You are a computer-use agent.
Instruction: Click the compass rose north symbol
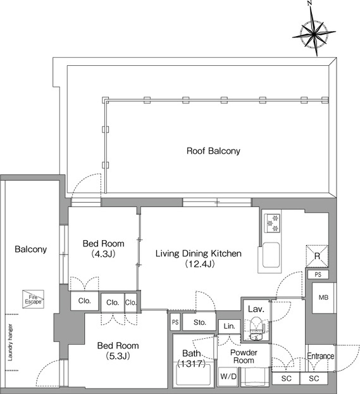(314, 32)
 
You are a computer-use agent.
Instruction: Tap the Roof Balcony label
(213, 151)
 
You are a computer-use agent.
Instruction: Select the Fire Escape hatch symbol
(33, 299)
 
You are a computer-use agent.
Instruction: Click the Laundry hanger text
(10, 342)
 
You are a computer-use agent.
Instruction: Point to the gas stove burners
(273, 223)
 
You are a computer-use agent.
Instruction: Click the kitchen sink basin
(271, 255)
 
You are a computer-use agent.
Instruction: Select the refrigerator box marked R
(317, 256)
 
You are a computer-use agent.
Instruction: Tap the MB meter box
(323, 298)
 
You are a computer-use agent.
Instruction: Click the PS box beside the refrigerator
(318, 274)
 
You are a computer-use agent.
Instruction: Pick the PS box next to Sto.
(175, 322)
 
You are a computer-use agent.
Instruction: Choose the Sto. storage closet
(199, 322)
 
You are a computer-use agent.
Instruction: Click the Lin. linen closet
(229, 326)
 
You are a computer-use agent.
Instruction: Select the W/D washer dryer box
(228, 376)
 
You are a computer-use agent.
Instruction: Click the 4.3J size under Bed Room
(103, 253)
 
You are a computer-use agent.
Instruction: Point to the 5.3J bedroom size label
(118, 356)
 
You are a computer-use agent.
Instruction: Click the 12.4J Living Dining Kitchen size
(200, 264)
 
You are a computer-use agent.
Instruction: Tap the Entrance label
(321, 356)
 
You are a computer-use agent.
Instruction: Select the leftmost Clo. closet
(84, 300)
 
